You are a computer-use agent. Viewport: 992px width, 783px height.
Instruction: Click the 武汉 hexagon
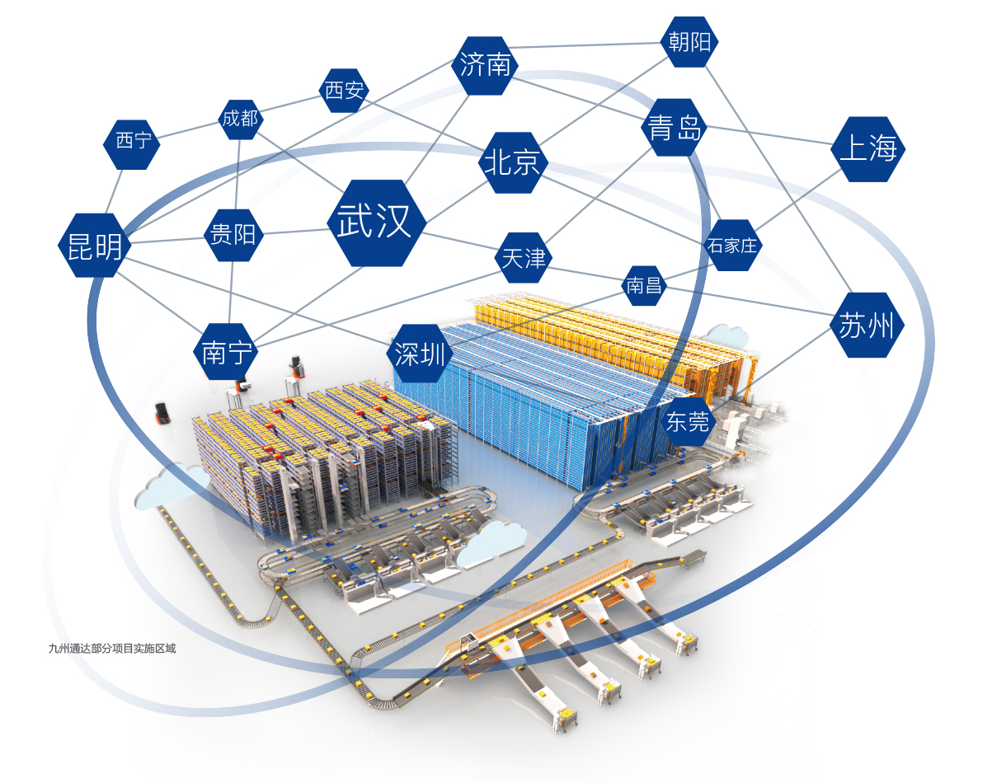[x=376, y=223]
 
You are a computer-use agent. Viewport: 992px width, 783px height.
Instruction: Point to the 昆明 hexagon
[x=93, y=246]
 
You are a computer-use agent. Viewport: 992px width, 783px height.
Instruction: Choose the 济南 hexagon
[x=486, y=65]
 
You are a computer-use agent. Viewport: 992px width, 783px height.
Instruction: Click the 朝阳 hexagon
[x=689, y=41]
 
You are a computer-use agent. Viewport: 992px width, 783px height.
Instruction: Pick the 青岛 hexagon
[x=675, y=129]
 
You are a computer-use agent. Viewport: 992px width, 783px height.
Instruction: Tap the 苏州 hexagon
[x=866, y=326]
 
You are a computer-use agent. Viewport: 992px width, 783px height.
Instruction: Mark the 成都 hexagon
[x=240, y=118]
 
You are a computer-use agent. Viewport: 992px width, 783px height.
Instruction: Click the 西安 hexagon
[x=344, y=90]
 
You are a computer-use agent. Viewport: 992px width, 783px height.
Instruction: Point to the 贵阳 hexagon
[x=233, y=235]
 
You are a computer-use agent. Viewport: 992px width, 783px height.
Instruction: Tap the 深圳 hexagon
[x=420, y=354]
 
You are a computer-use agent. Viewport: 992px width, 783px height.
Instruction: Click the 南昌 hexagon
[x=645, y=285]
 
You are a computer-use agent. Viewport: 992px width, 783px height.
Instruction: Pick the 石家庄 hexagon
[x=732, y=245]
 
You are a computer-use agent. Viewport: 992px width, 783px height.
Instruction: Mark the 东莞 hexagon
[x=687, y=422]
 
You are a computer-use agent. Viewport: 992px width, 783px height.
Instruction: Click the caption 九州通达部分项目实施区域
[x=112, y=649]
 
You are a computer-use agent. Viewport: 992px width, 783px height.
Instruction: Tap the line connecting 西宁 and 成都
[x=187, y=129]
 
